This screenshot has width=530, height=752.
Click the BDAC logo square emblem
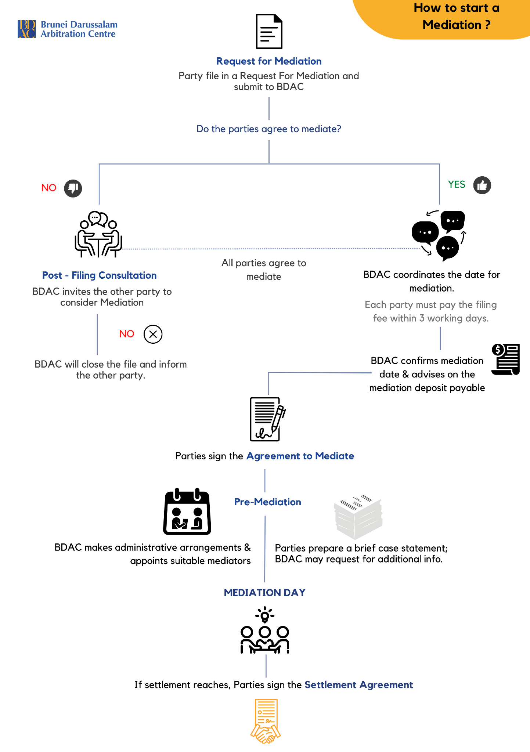[x=27, y=29]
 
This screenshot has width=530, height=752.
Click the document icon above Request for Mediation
[x=269, y=32]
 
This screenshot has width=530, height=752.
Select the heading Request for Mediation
[x=269, y=61]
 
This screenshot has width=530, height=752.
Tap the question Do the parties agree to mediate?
[x=269, y=129]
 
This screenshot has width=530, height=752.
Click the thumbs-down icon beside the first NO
[x=73, y=188]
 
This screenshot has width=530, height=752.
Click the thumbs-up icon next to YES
[x=482, y=185]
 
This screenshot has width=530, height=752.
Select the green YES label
[x=457, y=185]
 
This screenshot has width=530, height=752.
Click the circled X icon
[x=153, y=334]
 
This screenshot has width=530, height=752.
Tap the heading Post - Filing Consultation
[x=99, y=275]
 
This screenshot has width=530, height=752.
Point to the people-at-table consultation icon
[x=98, y=235]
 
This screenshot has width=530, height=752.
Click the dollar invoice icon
[x=506, y=359]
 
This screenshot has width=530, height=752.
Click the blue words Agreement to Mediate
[x=300, y=456]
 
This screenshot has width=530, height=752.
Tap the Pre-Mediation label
[x=267, y=502]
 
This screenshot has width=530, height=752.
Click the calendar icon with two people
[x=187, y=512]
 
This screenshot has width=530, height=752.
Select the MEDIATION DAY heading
[x=264, y=593]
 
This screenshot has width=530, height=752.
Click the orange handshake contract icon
[x=266, y=721]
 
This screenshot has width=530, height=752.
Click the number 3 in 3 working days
[x=422, y=318]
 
